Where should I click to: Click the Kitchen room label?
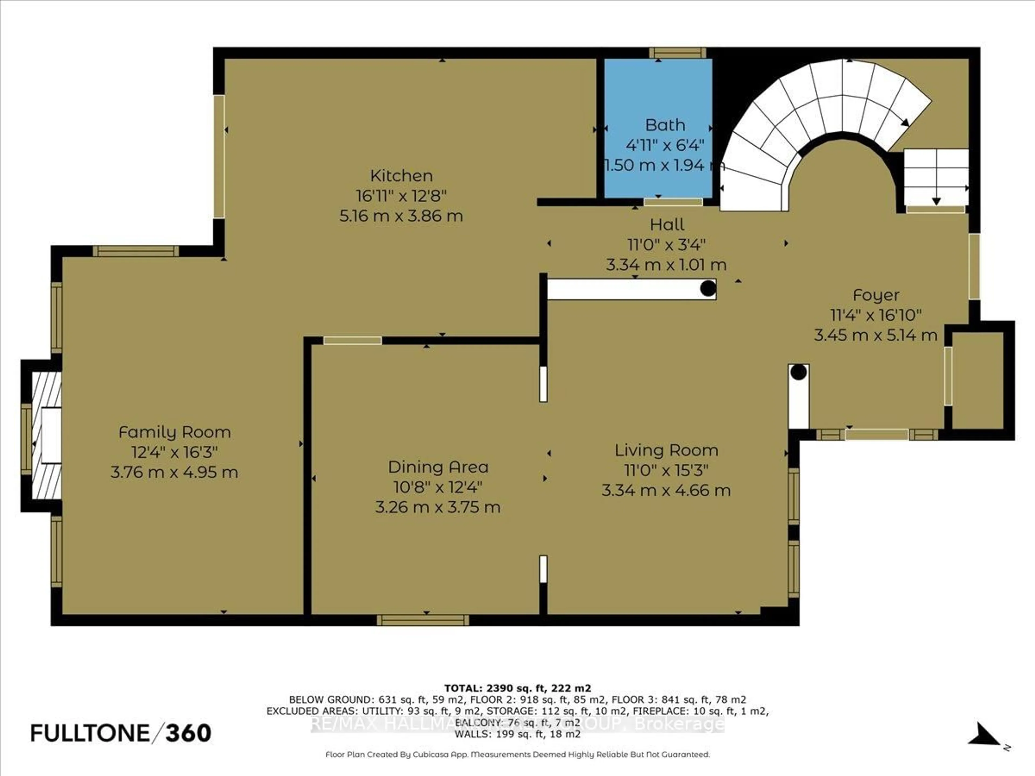[401, 176]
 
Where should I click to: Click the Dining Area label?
[438, 467]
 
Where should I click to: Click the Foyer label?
[875, 295]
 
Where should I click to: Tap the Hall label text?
[667, 224]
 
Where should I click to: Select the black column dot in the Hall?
[708, 288]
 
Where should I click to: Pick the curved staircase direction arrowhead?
[905, 123]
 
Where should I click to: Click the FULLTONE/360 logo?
[121, 733]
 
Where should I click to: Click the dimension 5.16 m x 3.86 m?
[401, 216]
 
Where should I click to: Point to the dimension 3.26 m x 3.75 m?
[438, 507]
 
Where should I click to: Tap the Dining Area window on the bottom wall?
[423, 620]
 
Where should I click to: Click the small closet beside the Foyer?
[977, 380]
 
